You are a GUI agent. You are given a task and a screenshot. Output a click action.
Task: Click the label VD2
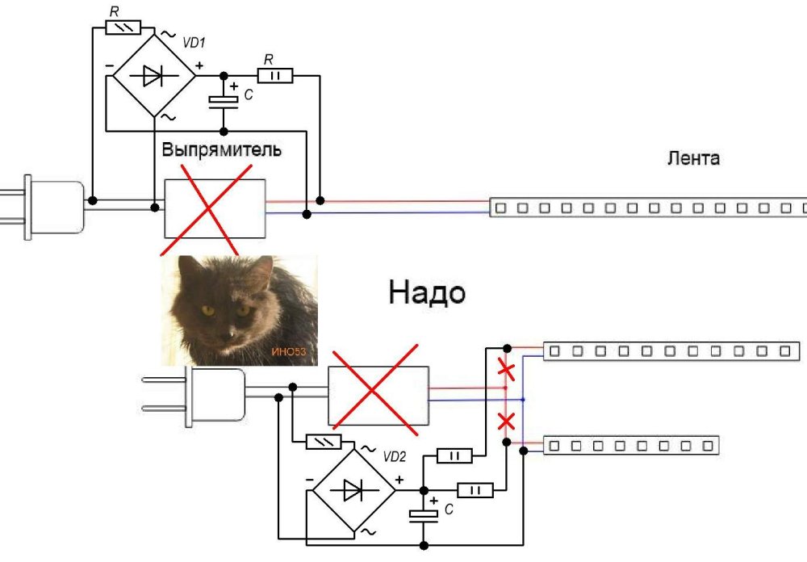[394, 456]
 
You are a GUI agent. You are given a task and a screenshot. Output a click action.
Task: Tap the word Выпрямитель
[222, 151]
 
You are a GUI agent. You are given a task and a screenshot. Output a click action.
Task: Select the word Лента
[693, 158]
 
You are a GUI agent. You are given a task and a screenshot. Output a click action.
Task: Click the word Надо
[427, 292]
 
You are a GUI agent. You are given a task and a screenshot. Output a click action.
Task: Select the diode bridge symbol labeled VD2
[353, 489]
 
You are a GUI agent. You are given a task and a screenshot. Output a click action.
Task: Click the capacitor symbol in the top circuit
[223, 100]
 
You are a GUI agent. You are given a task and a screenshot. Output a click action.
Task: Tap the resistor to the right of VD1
[274, 76]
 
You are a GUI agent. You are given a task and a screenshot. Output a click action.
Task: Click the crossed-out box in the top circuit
[215, 208]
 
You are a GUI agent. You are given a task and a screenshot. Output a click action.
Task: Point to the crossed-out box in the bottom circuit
[378, 395]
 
